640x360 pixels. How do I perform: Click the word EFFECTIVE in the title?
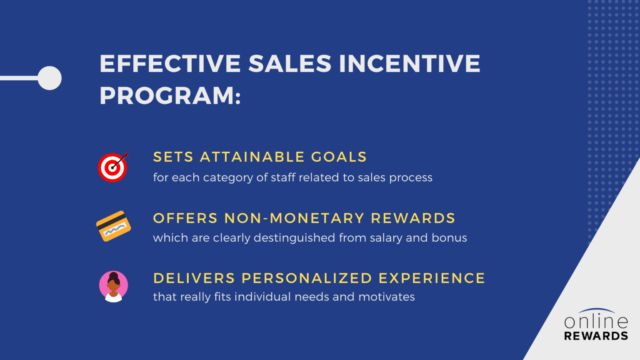pos(170,64)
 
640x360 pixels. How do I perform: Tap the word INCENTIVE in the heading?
pos(409,64)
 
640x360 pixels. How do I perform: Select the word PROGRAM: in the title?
pos(170,96)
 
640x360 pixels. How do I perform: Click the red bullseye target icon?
pos(113,167)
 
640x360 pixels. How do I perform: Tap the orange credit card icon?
pos(113,226)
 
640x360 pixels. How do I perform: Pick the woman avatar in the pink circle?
pos(113,287)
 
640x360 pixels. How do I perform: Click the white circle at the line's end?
pos(50,78)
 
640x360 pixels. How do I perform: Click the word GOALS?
pos(339,157)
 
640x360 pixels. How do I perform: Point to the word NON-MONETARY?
pos(295,218)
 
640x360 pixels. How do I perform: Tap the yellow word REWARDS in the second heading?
pos(413,218)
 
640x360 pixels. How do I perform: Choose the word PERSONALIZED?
pos(307,278)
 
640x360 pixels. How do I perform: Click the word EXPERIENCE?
pos(432,278)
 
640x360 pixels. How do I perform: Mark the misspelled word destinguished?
pos(294,238)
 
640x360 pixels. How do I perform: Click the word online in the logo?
pos(596,322)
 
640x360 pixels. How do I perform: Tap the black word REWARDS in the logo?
pos(596,336)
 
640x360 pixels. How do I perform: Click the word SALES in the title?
pos(290,64)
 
